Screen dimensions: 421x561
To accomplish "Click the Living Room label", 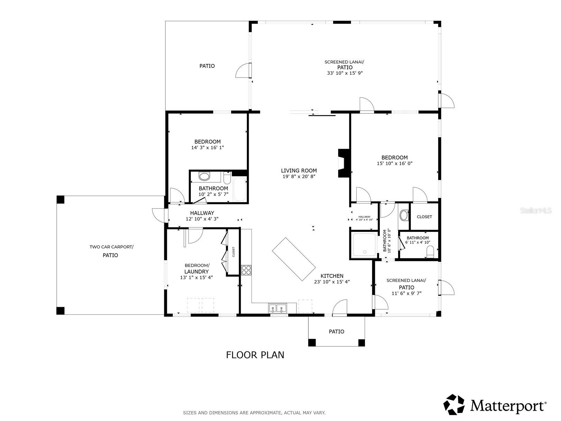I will (x=299, y=171).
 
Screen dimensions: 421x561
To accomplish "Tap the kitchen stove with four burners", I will (x=246, y=270).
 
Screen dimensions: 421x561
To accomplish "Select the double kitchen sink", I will (x=277, y=308).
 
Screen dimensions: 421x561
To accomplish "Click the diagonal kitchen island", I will (x=294, y=259).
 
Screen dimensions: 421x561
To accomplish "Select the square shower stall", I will (x=364, y=245).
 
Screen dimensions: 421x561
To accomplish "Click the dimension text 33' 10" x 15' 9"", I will (x=344, y=73).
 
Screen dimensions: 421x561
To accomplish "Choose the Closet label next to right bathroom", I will (x=424, y=217).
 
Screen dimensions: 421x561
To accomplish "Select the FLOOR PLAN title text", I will (x=255, y=355).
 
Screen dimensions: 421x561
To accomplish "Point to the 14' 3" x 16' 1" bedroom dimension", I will (x=208, y=148).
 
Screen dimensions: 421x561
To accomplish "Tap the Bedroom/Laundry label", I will (x=196, y=268).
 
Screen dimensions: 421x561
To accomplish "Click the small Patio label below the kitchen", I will (x=336, y=332).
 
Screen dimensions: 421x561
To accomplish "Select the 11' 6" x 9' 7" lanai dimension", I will (x=406, y=294).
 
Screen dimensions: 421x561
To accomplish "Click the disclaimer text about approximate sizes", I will (x=254, y=413).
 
